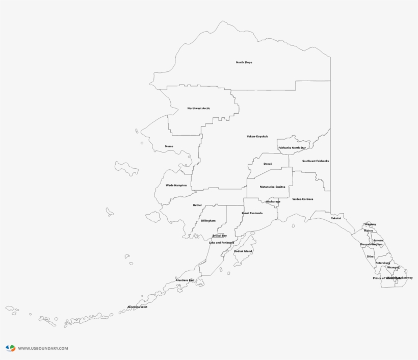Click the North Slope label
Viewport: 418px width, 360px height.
point(244,63)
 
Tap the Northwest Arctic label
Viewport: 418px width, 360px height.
point(198,108)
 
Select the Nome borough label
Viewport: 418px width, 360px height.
point(169,146)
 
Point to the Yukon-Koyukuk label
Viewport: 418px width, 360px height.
point(257,137)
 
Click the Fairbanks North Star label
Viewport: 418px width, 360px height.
point(292,148)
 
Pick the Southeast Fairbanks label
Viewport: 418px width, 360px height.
point(316,161)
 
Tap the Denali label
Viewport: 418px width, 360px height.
point(268,164)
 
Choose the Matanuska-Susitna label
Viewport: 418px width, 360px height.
point(272,187)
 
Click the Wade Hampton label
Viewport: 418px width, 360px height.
point(176,185)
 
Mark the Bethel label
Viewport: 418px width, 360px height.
point(197,205)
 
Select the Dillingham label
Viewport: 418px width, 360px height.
point(208,221)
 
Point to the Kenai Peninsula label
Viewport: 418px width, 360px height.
point(252,213)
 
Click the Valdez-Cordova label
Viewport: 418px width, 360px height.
point(303,199)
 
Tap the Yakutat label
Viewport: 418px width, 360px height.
point(335,218)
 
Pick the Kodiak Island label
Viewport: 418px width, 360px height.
point(243,251)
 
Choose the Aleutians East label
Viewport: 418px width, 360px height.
point(185,280)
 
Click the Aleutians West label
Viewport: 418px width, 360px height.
point(137,307)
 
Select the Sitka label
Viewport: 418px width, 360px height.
point(370,256)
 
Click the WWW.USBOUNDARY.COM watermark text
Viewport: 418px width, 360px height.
point(43,348)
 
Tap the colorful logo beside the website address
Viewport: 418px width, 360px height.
point(10,348)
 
